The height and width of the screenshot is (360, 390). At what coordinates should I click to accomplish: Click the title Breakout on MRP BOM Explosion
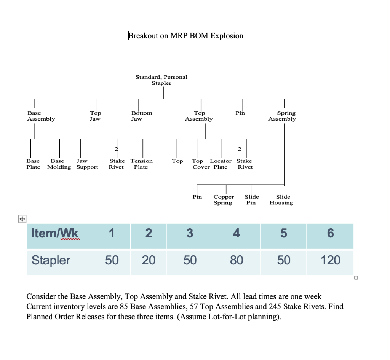coord(186,36)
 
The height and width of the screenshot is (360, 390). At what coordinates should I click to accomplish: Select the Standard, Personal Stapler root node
coord(161,80)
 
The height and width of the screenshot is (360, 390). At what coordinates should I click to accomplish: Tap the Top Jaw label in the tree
coord(95,116)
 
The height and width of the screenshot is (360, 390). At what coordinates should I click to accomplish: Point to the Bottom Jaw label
coord(141,116)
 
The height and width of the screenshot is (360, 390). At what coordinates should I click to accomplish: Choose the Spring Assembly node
coord(282,116)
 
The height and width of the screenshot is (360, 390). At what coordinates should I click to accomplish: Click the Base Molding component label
coord(59,164)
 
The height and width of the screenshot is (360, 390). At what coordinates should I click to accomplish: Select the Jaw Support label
coord(87,164)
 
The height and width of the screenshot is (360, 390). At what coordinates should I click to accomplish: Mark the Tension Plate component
coord(141,164)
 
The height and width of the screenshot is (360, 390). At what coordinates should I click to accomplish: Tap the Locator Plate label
coord(221,164)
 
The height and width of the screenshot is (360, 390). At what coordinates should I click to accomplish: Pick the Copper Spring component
coord(224,200)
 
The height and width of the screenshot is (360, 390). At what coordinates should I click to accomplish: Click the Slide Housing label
coord(281,200)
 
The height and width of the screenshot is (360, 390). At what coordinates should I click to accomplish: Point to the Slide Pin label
coord(251,200)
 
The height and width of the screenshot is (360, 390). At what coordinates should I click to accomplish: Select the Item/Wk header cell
coord(55,233)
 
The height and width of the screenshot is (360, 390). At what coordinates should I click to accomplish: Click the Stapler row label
coord(51,260)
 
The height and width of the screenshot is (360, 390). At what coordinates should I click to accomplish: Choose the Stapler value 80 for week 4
coord(237,260)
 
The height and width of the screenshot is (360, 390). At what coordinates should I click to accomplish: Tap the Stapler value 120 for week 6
coord(330,260)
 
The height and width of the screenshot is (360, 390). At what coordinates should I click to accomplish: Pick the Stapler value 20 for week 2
coord(149,260)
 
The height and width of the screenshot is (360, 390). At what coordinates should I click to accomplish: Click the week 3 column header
coord(190,233)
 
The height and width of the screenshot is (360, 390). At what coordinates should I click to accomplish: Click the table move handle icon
coord(22,219)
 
